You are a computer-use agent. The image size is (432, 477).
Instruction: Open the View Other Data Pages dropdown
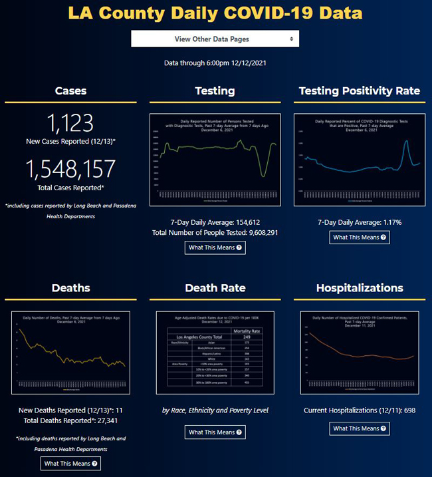(215, 39)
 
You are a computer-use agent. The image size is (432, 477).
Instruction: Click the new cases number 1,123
(70, 123)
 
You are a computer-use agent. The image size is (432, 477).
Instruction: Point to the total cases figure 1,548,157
(70, 169)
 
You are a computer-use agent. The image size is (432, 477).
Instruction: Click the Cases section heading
(70, 90)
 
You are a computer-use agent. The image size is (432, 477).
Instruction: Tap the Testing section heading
(215, 90)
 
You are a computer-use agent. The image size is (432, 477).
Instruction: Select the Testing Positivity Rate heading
(360, 90)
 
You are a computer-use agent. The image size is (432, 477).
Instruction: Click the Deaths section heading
(70, 288)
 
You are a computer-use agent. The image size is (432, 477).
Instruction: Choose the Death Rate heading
(215, 288)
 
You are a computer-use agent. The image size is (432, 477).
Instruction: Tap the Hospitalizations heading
(360, 288)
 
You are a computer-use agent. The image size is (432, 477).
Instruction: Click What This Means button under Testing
(215, 247)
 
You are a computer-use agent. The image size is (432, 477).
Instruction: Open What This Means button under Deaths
(70, 464)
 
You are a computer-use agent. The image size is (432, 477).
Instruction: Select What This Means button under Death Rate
(215, 432)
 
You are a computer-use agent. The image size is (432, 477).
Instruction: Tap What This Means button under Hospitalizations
(360, 428)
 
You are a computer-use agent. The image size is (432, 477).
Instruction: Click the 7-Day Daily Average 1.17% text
(360, 222)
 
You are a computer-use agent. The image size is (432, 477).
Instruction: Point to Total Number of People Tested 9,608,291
(215, 233)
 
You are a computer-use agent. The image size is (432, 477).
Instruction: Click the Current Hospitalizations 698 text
(360, 410)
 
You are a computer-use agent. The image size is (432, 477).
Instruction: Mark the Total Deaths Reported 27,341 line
(70, 421)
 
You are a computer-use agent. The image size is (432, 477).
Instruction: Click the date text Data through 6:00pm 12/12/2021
(215, 63)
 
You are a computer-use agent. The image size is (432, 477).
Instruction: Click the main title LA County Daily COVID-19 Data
(215, 14)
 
